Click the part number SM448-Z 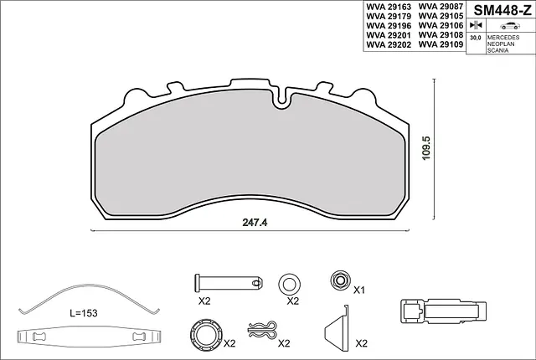pos(502,11)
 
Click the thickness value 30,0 pos(475,39)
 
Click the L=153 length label pos(84,312)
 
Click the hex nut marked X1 pos(339,279)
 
